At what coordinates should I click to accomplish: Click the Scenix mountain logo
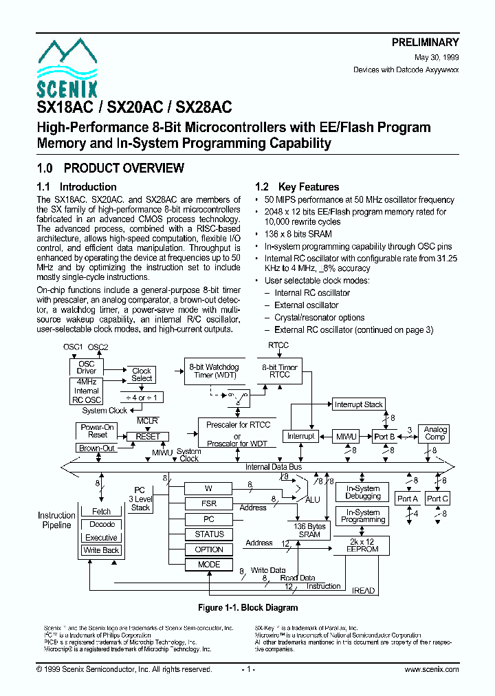coord(67,68)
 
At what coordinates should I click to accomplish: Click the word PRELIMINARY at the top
coord(425,43)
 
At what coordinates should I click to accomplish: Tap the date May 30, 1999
coord(437,58)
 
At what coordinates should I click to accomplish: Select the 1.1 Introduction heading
coord(76,187)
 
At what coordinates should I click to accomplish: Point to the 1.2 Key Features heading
coord(297,187)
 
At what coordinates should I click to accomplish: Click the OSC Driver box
coord(87,367)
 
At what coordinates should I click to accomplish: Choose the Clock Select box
coord(142,375)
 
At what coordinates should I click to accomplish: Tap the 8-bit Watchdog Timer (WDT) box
coord(213,371)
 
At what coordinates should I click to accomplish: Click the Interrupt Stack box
coord(358,404)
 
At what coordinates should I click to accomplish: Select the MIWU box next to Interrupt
coord(346,436)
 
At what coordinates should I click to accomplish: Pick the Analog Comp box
coord(435,433)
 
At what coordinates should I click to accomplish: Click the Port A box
coord(408,498)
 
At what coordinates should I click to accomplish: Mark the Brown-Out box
coord(97,448)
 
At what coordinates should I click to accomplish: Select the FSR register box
coord(209,503)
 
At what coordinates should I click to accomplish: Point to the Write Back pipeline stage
coord(101,550)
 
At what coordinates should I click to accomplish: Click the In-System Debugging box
coord(363,492)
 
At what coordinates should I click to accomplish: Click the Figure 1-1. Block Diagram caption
coord(247,607)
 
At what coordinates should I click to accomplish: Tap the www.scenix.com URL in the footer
coord(431,669)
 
